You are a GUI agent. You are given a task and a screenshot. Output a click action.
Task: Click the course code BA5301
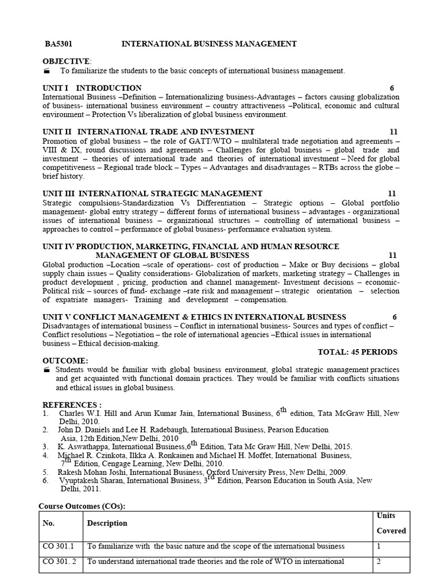(59, 44)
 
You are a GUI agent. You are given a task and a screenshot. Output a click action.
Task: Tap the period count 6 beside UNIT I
(392, 88)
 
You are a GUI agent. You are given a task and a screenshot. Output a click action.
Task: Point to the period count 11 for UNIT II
(393, 132)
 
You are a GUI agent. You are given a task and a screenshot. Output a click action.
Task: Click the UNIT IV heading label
(58, 246)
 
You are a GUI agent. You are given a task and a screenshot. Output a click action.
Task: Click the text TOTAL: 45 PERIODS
(357, 351)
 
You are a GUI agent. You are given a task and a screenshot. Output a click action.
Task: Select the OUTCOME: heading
(65, 360)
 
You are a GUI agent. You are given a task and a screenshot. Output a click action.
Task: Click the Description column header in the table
(107, 523)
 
